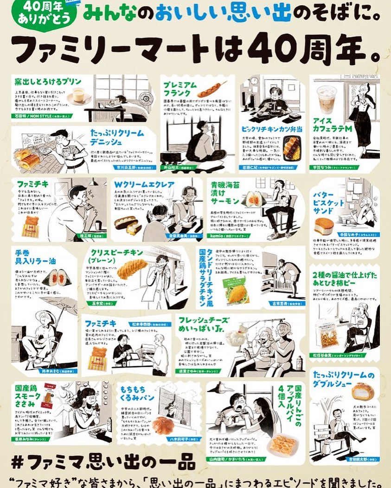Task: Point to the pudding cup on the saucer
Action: [x=78, y=95]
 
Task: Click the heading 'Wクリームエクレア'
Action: [x=144, y=185]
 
